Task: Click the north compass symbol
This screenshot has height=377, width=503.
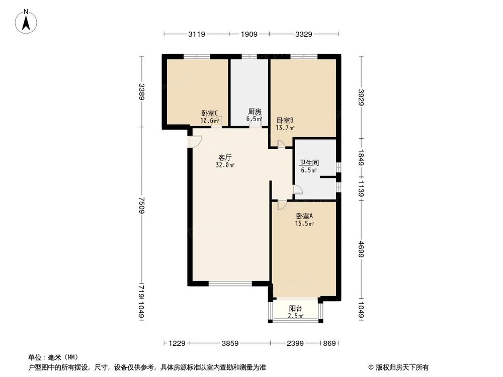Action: [26, 21]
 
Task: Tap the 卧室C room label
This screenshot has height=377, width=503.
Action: [209, 113]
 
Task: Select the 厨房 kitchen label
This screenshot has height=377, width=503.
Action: [255, 112]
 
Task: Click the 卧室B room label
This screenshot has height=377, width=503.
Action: [285, 121]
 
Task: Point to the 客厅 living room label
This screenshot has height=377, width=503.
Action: [225, 157]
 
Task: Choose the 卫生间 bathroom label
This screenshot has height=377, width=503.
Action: [308, 163]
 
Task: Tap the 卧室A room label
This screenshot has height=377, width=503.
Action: [304, 216]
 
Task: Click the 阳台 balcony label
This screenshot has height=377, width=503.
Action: [295, 309]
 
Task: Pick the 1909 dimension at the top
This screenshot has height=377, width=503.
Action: [249, 34]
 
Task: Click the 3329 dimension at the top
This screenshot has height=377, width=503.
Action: [303, 34]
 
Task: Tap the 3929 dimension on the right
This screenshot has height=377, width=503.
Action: [361, 97]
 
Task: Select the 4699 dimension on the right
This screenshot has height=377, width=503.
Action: [361, 249]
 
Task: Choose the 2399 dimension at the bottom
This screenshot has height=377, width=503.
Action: [296, 343]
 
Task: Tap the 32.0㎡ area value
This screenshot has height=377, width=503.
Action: [225, 165]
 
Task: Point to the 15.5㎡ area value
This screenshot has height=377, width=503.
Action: [304, 224]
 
